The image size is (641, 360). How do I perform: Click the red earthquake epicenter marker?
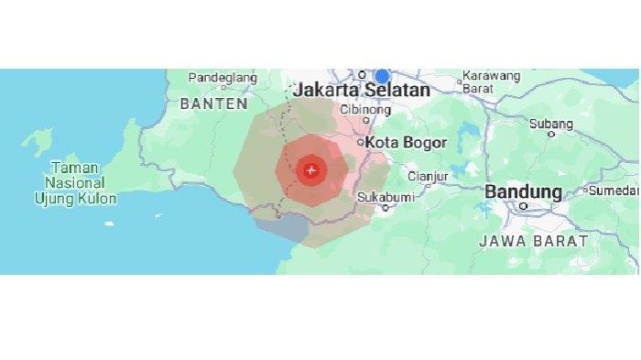311,169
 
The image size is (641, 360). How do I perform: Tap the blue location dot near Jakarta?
382,76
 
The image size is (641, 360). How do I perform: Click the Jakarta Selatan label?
361,91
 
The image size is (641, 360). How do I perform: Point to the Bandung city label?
523,192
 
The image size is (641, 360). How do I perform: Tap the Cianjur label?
425,175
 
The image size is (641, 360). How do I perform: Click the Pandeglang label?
223,78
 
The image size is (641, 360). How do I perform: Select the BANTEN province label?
213,104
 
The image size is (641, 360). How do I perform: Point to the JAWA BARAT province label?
534,241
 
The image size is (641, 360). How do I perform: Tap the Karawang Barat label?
492,82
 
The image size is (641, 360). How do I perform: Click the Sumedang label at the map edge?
614,191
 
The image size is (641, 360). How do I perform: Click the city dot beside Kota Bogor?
362,143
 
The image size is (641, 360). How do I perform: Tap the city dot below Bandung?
524,206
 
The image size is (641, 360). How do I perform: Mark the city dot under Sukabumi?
386,207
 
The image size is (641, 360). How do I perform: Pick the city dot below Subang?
551,134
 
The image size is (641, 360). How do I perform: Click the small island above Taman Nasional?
39,141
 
